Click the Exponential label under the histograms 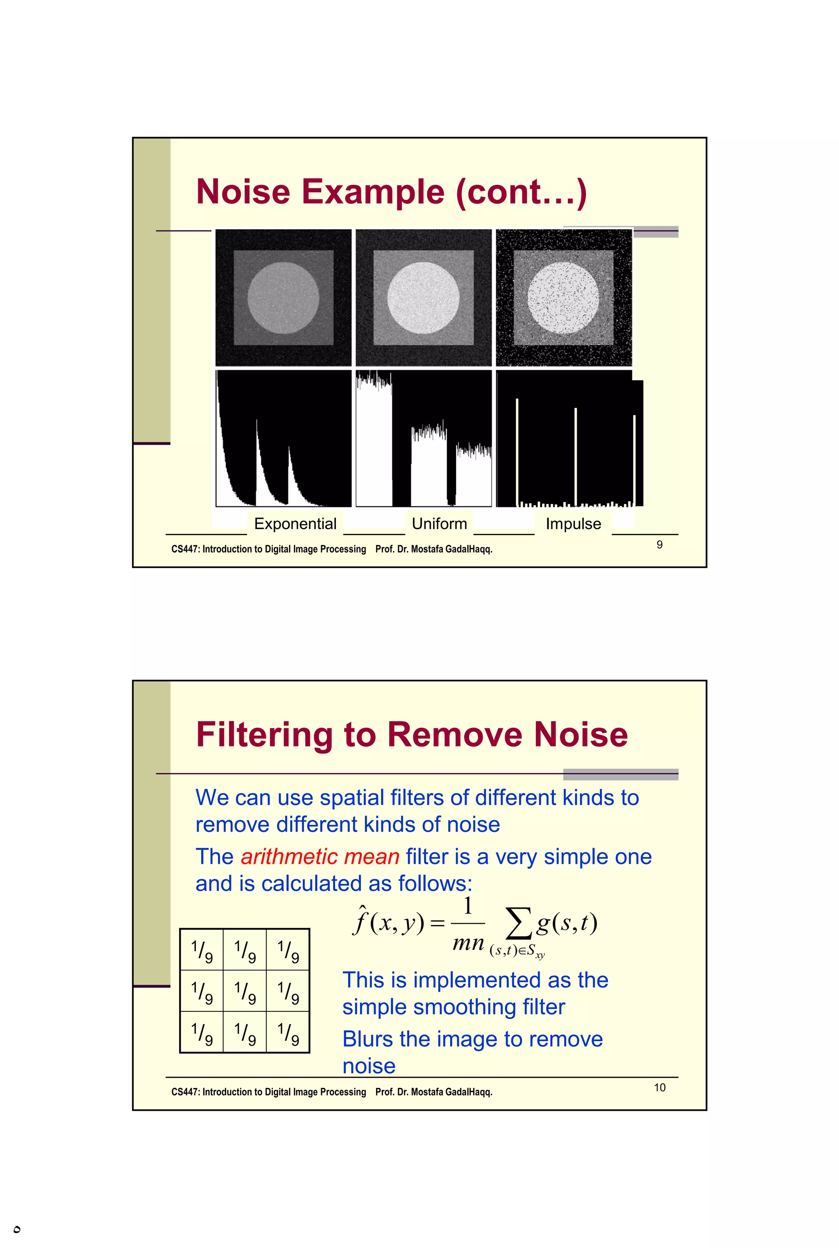[x=295, y=523]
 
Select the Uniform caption [x=439, y=523]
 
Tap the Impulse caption [x=573, y=523]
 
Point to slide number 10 [x=659, y=1087]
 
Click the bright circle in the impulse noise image [x=563, y=297]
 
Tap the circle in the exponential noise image [x=283, y=297]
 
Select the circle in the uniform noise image [x=423, y=297]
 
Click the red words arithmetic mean [x=320, y=857]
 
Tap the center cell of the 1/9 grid [x=245, y=991]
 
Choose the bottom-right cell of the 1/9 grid [x=288, y=1031]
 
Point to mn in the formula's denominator [x=468, y=942]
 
